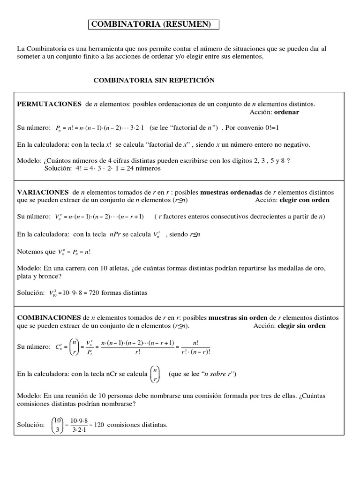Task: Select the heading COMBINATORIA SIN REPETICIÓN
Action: [154, 80]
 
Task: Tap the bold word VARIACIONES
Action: [43, 192]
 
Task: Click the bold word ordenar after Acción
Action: [286, 112]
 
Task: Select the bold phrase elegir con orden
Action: [304, 200]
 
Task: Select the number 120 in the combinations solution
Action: [99, 425]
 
